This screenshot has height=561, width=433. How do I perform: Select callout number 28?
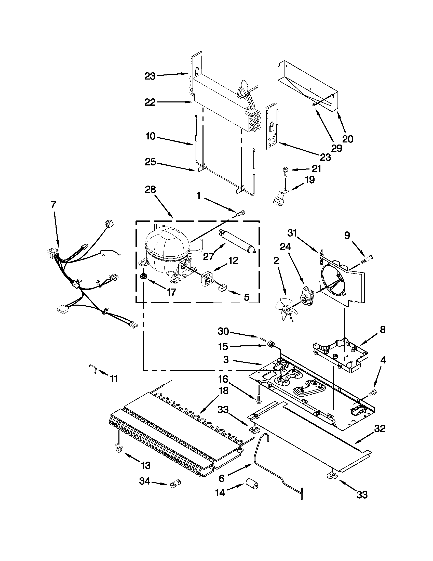pyautogui.click(x=150, y=190)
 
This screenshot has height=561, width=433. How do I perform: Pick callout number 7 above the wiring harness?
pyautogui.click(x=53, y=205)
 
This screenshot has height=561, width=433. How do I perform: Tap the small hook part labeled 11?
pyautogui.click(x=93, y=369)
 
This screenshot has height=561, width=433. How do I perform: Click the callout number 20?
pyautogui.click(x=347, y=139)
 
